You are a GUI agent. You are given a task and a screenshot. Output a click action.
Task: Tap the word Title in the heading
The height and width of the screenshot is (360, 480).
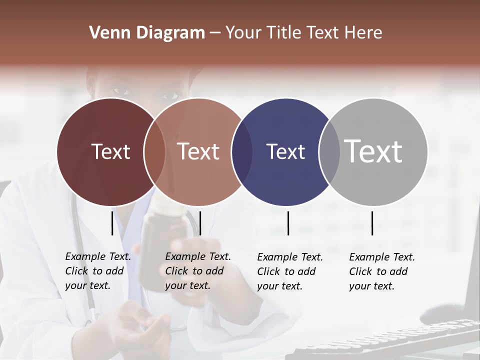[x=285, y=33]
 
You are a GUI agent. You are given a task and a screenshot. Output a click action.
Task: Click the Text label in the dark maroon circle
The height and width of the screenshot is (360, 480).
[x=110, y=151]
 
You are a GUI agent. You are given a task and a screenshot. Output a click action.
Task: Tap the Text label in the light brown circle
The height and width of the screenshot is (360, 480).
[x=198, y=151]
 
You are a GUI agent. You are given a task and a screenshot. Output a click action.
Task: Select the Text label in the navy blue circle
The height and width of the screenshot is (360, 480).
[x=285, y=151]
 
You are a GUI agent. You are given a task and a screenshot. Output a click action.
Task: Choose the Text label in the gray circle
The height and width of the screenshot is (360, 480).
[x=373, y=151]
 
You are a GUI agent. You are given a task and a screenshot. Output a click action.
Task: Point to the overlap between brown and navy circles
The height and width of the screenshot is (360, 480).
[x=242, y=152]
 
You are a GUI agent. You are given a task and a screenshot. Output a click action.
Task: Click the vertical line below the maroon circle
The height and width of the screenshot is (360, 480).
[x=112, y=223]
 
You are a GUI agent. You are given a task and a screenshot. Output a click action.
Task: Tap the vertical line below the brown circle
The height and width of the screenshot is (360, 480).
[x=200, y=223]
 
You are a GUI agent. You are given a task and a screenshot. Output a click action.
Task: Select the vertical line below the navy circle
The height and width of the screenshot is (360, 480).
[x=288, y=223]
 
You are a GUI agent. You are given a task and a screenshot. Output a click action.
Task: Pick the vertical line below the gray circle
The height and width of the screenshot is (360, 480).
[x=372, y=223]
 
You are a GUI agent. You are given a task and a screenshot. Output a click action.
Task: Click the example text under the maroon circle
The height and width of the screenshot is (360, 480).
[x=97, y=271]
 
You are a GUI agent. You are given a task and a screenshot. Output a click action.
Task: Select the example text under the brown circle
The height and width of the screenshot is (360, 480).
[x=197, y=271]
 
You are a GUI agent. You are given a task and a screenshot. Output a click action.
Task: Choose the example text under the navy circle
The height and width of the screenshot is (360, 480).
[x=289, y=271]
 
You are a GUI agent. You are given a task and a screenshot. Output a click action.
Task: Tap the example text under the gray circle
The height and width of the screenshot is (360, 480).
[x=381, y=271]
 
